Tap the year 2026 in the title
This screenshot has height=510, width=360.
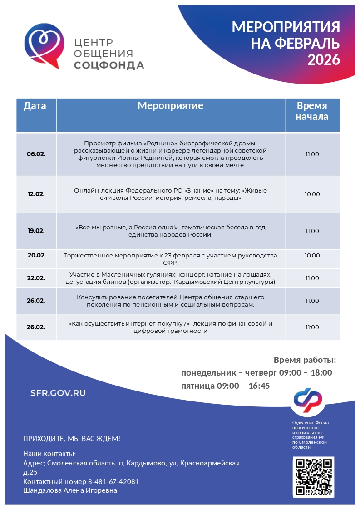click(x=324, y=59)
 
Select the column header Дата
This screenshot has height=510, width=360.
click(x=35, y=106)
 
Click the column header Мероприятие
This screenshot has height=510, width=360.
click(x=170, y=106)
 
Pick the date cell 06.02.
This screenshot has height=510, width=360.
click(x=36, y=154)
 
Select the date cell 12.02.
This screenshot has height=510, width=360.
click(x=36, y=194)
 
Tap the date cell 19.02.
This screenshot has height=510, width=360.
click(x=36, y=231)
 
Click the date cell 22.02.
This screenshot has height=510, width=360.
click(x=36, y=278)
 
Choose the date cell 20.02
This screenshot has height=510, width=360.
click(x=36, y=255)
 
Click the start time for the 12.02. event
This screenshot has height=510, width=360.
click(x=312, y=194)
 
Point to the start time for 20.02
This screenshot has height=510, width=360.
click(x=312, y=255)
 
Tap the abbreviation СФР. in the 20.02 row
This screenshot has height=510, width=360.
click(x=170, y=262)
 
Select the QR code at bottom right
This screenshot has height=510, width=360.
click(x=313, y=477)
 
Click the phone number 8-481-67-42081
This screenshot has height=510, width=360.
click(x=113, y=481)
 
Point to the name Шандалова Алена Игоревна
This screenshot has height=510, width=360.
click(x=70, y=490)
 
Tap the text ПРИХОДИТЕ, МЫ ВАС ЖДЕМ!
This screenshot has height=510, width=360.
click(x=72, y=439)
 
